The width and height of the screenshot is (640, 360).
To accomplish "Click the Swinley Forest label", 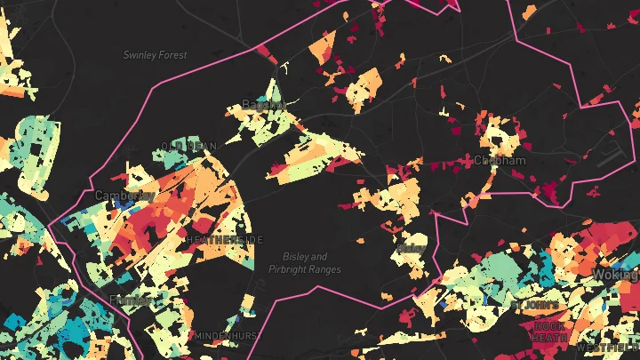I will [156, 55].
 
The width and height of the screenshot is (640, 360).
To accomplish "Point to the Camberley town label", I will [125, 195].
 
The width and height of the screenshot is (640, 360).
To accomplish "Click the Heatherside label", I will [225, 240].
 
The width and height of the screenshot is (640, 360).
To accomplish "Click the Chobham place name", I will [500, 161].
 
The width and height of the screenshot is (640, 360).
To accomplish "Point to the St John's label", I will [534, 305].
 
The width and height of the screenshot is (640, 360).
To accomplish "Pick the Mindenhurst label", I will [226, 336].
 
